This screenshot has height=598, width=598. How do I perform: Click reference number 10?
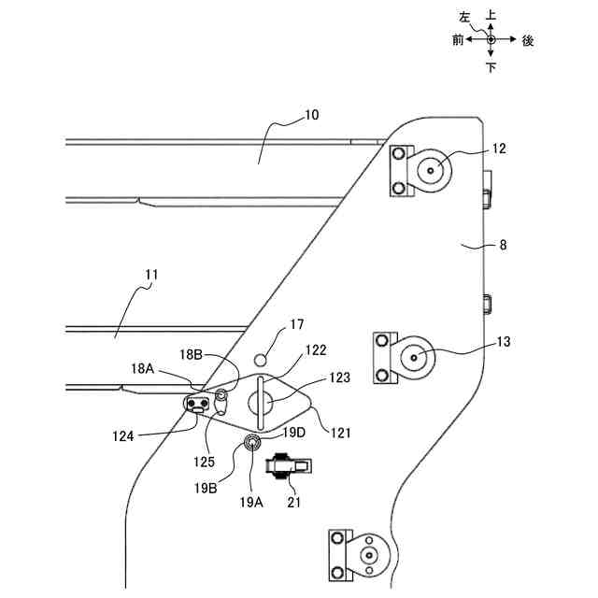(311, 116)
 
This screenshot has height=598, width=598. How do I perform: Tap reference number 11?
(152, 275)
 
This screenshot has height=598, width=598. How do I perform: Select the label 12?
(499, 149)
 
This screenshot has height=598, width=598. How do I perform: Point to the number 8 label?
(503, 247)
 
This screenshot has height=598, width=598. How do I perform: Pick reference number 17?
(297, 326)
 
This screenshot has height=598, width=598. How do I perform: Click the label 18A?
(143, 369)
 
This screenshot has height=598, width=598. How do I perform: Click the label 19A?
(250, 502)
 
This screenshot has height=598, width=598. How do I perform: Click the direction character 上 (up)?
(491, 16)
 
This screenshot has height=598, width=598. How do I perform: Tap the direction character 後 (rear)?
(528, 41)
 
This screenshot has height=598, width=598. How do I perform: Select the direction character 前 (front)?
(457, 41)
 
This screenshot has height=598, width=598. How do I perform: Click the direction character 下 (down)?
(491, 67)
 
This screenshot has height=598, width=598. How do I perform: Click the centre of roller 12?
(432, 171)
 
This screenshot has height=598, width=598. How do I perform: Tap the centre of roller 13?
(414, 356)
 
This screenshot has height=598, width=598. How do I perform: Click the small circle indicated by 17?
(263, 359)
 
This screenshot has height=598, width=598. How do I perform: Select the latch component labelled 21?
(289, 465)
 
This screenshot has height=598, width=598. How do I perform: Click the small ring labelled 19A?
(251, 442)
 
